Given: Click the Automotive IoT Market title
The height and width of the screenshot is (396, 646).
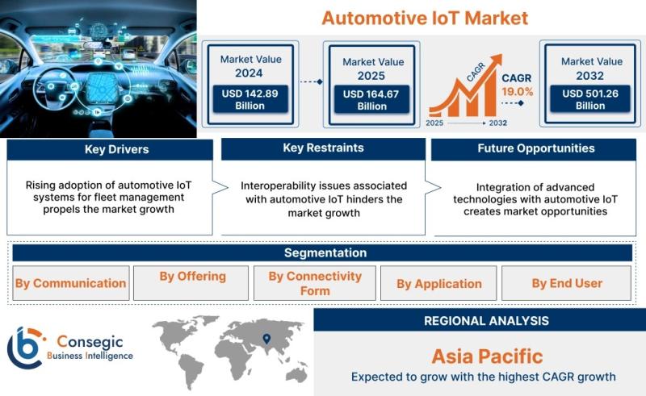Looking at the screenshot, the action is point(425,18).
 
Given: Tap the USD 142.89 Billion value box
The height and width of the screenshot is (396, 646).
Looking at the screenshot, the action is point(250,99).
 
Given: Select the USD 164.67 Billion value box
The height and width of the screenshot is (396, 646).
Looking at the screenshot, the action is point(371,100).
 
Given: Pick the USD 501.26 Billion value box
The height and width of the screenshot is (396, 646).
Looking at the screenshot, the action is point(590,99).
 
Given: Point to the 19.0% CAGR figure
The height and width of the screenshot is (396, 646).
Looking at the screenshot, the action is point(518,92).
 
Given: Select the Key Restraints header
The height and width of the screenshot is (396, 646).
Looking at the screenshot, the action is point(324,148).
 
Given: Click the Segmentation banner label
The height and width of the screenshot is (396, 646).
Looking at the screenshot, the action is point(325,252).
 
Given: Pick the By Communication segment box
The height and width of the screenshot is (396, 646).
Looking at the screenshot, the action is point(71,283).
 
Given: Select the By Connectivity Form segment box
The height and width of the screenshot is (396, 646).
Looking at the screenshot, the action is point(315,283).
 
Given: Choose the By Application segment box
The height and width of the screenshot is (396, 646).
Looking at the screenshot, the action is point(438,283).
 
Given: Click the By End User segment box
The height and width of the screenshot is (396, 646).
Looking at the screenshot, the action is point(567,283).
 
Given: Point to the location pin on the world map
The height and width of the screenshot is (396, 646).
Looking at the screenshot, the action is point(267,339).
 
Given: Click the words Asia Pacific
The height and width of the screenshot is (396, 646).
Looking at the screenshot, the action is point(488,356).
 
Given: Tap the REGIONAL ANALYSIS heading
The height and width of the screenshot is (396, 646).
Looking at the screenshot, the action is point(487,321).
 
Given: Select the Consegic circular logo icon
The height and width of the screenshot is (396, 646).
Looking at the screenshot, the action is point(25,348).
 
